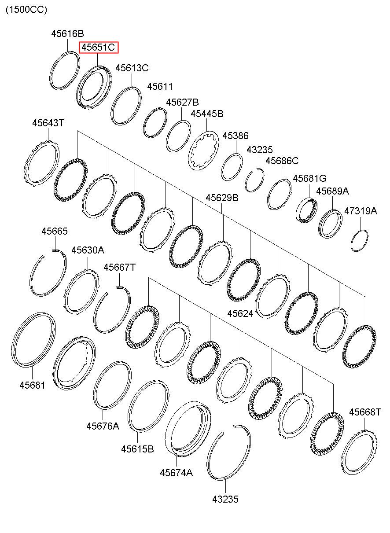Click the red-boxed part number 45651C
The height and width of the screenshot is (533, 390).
98,48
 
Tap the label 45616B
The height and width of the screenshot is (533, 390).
68,33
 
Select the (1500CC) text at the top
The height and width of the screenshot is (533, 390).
26,10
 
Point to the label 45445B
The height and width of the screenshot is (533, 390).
207,114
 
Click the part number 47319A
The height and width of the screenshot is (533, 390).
361,211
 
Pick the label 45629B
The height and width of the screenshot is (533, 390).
222,198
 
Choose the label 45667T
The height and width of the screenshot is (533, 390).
119,267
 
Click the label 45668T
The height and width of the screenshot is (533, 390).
365,412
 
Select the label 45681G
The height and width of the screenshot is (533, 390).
309,178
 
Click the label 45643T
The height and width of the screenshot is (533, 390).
48,123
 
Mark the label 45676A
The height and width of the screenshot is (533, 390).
103,426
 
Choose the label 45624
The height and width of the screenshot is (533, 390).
240,314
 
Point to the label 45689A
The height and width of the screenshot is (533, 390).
332,191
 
